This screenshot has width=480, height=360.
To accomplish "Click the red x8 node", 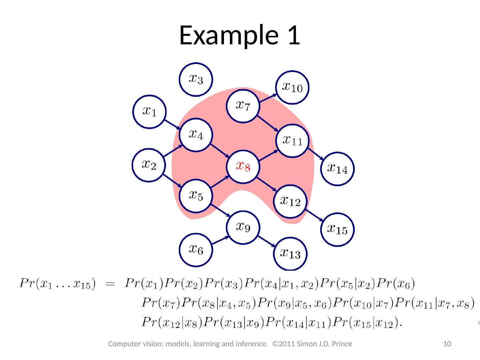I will (243, 166).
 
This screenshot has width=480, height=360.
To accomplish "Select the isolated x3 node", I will (196, 79).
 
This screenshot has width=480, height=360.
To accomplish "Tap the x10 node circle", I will (292, 87).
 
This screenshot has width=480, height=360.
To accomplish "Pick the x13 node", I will (290, 254).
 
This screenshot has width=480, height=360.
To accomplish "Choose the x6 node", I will (196, 249).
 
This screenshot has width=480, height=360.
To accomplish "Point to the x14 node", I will (337, 169).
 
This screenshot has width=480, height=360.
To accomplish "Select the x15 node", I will (337, 229).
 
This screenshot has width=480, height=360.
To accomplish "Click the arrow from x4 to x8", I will (219, 151).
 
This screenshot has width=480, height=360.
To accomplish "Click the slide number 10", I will (447, 344).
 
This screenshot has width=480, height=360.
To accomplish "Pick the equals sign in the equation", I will (110, 284).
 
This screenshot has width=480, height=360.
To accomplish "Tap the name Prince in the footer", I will (341, 344).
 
